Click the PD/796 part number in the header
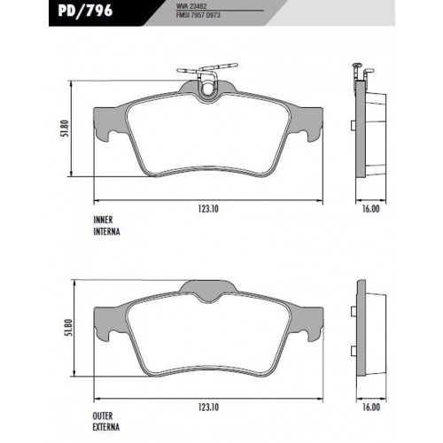click(85, 11)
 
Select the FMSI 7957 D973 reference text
click(198, 15)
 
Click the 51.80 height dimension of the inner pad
click(66, 128)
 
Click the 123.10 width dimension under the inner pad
click(208, 209)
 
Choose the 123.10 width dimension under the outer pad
click(208, 408)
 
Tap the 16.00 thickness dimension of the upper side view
click(370, 209)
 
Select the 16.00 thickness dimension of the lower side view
click(371, 408)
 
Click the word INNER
click(103, 220)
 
